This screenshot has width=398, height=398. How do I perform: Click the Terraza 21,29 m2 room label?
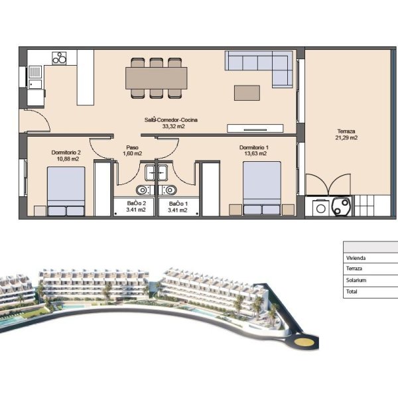click(346, 135)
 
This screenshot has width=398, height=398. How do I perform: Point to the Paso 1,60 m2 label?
click(132, 151)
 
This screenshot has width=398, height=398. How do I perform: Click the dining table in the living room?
click(157, 78)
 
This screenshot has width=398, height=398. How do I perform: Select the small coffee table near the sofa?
click(247, 93)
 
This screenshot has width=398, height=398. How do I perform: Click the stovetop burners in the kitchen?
click(59, 58)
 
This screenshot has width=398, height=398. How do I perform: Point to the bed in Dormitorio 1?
click(262, 188)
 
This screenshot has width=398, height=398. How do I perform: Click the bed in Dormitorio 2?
click(66, 192)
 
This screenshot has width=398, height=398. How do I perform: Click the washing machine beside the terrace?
click(321, 208)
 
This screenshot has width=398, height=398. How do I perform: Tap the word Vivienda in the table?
click(356, 258)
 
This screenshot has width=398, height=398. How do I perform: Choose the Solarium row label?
click(356, 280)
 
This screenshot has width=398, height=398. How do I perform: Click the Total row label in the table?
click(352, 291)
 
